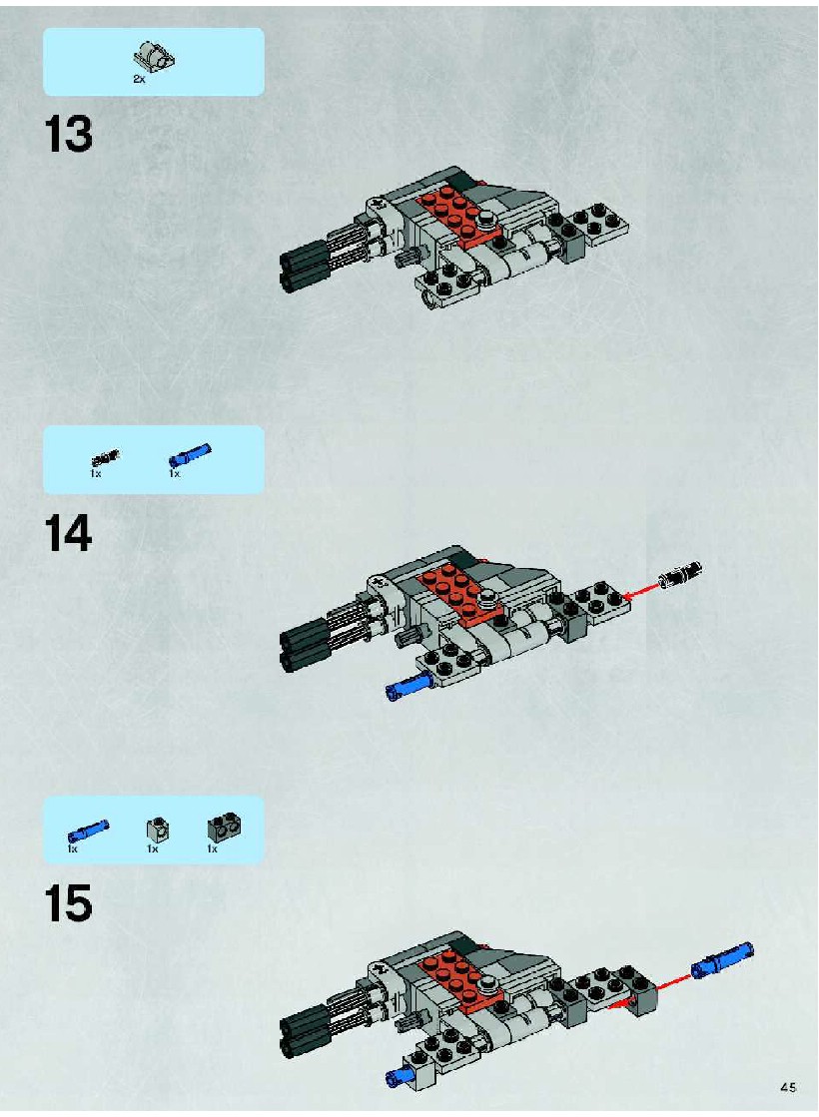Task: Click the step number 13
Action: [x=69, y=135]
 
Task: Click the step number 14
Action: [x=69, y=534]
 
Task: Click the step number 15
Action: [x=69, y=903]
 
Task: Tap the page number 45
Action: [x=788, y=1087]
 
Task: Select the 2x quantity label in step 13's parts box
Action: [x=139, y=79]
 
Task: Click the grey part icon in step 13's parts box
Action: [x=155, y=56]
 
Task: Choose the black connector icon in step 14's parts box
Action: [x=106, y=456]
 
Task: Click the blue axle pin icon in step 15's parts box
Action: [x=88, y=831]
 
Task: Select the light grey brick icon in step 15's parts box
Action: [x=157, y=830]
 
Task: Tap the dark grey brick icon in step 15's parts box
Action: [x=224, y=827]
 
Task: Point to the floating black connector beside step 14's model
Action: [x=680, y=574]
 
